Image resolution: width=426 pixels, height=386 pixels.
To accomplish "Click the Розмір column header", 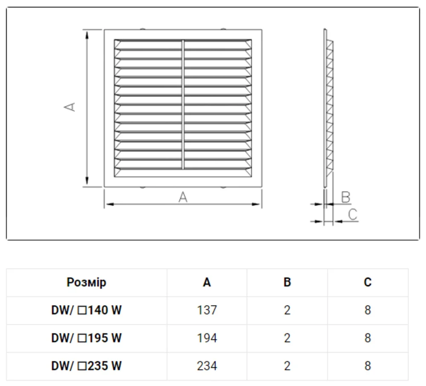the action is click(x=86, y=282).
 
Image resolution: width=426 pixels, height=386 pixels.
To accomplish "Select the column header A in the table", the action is click(x=207, y=282).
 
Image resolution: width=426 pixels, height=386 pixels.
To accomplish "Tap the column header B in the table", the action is click(x=287, y=282).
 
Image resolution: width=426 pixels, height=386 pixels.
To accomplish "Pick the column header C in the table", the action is click(x=368, y=282).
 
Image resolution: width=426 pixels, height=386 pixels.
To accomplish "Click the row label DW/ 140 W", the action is click(x=86, y=310).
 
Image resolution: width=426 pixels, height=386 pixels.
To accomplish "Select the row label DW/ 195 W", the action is click(x=86, y=338).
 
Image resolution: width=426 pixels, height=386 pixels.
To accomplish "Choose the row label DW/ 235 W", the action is click(x=86, y=366).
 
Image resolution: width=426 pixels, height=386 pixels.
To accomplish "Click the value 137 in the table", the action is click(x=207, y=310).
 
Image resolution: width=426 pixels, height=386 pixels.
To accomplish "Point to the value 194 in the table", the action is click(x=207, y=338).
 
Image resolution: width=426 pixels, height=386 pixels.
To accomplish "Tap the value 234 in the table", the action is click(x=207, y=366).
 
